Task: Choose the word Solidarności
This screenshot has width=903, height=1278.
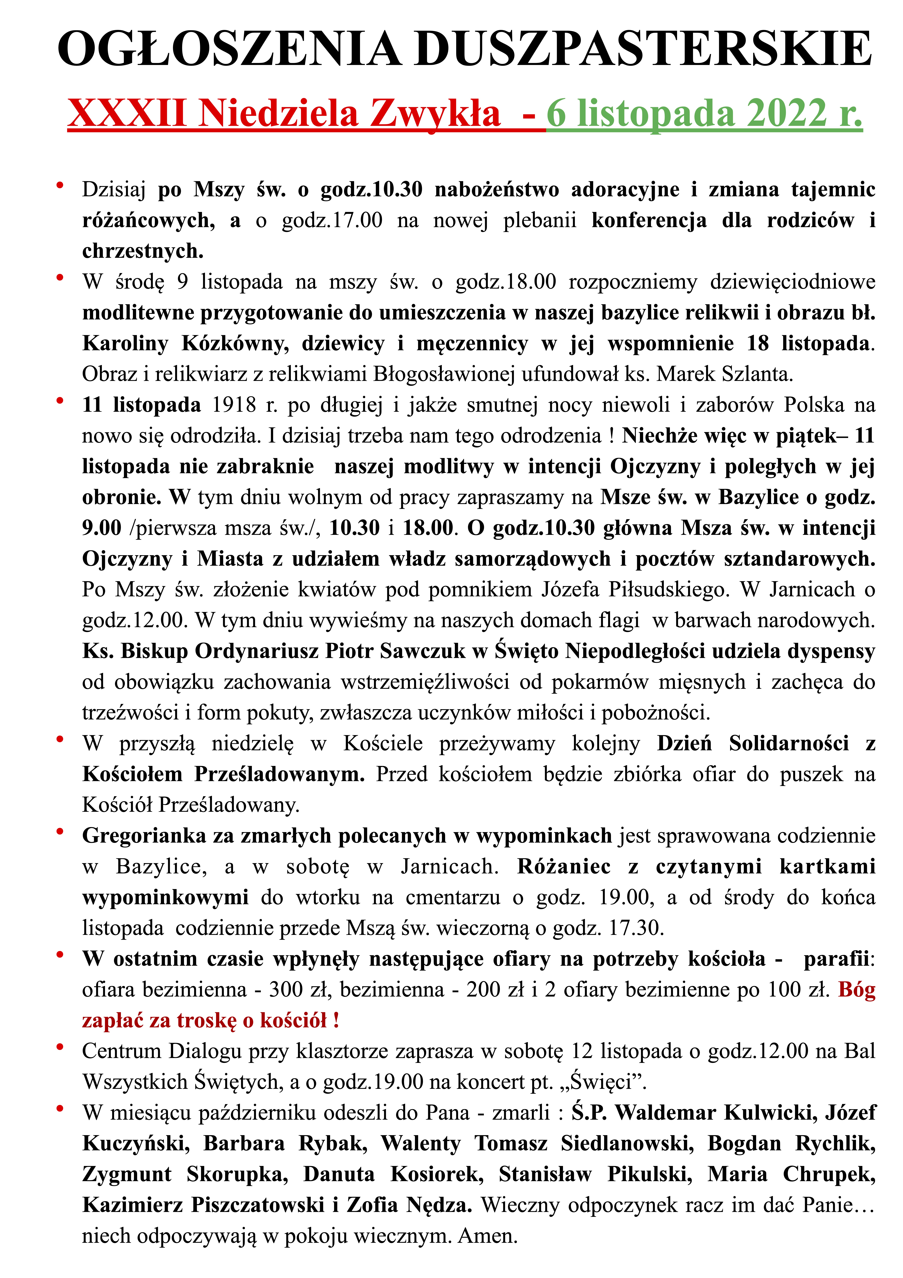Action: tap(789, 743)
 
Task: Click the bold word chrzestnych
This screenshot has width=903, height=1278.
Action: tap(142, 251)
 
